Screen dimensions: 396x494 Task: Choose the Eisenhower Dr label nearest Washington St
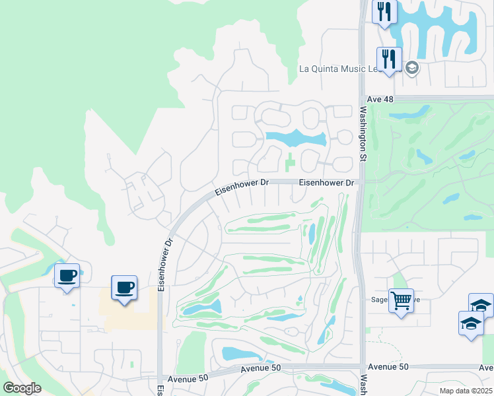[327, 183]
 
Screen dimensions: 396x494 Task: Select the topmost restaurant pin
[384, 11]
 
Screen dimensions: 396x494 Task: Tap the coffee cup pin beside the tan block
[124, 287]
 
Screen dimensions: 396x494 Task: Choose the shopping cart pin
[401, 300]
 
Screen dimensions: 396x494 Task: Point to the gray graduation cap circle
[412, 68]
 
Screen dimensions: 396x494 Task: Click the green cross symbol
[291, 160]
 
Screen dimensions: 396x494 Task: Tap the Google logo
[22, 387]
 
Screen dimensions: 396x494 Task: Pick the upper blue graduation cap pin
[481, 305]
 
